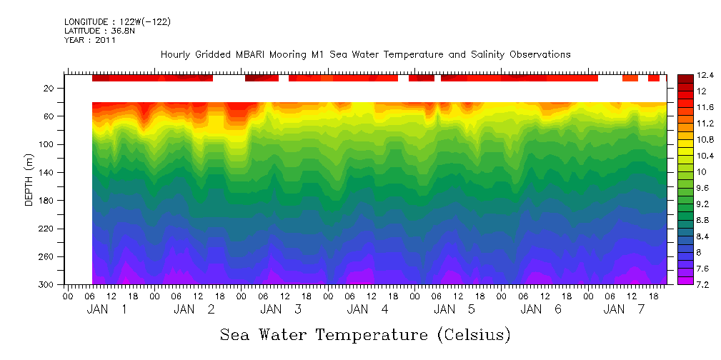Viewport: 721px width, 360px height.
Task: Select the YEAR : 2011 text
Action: coord(89,40)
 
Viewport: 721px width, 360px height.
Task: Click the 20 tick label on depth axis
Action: coord(49,89)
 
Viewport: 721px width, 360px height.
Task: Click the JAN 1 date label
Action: coord(107,309)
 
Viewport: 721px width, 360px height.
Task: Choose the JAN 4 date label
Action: coord(368,309)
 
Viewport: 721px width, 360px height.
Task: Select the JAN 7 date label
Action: coord(624,309)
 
